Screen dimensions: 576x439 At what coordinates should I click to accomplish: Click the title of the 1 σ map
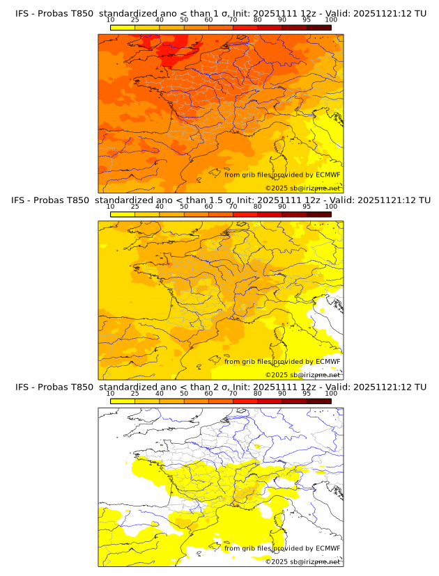click(x=220, y=13)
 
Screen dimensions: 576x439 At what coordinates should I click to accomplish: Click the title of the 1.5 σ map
click(x=220, y=200)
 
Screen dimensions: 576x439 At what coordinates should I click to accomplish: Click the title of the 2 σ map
click(x=220, y=387)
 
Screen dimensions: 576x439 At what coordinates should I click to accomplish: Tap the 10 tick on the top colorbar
click(x=111, y=20)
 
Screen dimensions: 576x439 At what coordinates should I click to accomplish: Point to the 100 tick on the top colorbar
click(x=331, y=20)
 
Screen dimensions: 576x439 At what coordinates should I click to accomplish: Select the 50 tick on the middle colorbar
click(x=184, y=207)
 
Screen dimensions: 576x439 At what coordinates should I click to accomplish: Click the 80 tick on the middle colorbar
click(x=258, y=207)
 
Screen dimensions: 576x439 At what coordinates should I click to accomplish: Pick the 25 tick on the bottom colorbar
click(x=135, y=394)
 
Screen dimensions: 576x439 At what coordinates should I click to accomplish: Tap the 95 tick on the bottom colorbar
click(x=307, y=394)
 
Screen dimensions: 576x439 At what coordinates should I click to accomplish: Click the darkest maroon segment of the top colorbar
click(x=318, y=27)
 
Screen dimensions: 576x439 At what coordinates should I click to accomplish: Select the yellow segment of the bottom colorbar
click(x=123, y=401)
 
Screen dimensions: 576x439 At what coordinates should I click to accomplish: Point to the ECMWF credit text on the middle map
click(x=282, y=361)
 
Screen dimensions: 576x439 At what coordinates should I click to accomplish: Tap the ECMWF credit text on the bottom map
click(x=282, y=548)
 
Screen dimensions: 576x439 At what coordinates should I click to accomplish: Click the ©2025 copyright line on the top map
click(x=302, y=188)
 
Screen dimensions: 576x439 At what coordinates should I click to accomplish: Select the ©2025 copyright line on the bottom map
click(x=302, y=561)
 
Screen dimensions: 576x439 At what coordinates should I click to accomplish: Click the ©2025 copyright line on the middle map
click(x=302, y=374)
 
